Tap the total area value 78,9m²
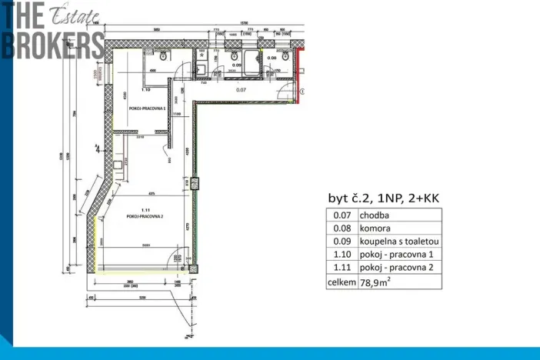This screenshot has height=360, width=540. point(376,282)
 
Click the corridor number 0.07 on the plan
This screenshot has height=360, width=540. point(242,90)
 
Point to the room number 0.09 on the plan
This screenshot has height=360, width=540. point(237,65)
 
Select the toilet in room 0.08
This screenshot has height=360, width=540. point(285,56)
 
